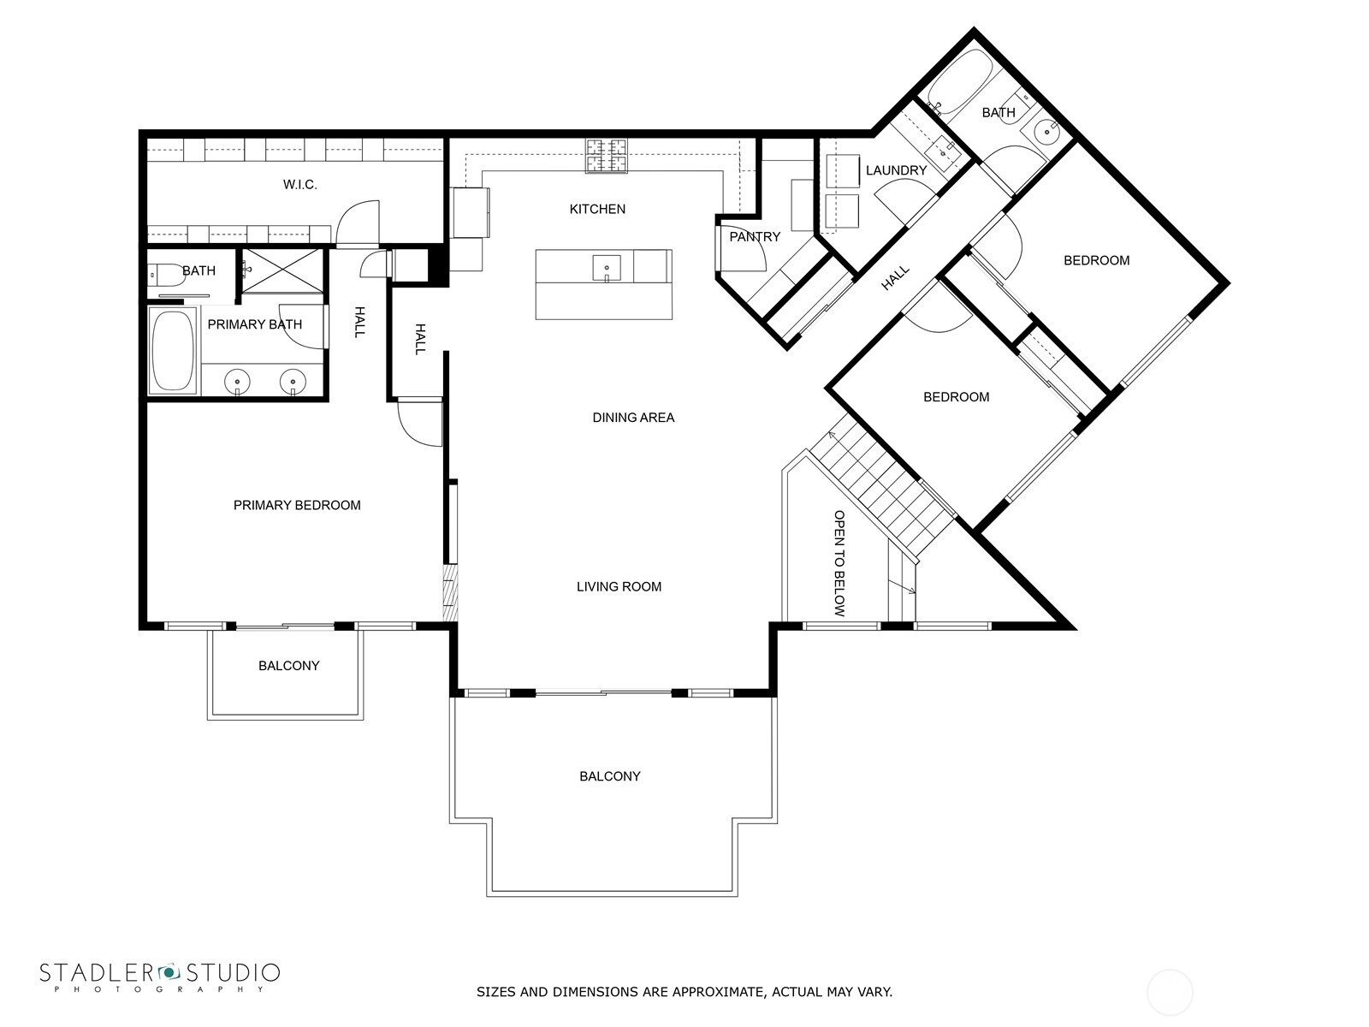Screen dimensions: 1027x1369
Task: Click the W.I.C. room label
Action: (x=299, y=185)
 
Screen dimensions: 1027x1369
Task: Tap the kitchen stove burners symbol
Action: (x=606, y=157)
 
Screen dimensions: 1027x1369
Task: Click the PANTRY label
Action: (x=755, y=237)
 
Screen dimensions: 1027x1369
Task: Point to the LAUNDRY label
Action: (x=896, y=170)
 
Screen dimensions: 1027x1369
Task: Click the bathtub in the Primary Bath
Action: (x=174, y=352)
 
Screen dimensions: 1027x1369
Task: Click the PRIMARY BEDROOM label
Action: (x=297, y=505)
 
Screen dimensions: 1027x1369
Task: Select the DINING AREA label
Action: (x=633, y=418)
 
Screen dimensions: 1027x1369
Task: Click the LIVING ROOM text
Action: (x=619, y=586)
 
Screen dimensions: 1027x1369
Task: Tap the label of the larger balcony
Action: (x=609, y=776)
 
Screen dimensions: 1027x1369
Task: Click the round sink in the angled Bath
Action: (x=1045, y=132)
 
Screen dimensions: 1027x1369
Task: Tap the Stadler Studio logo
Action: (x=159, y=977)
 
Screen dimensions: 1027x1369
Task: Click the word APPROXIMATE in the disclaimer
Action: (x=715, y=993)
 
